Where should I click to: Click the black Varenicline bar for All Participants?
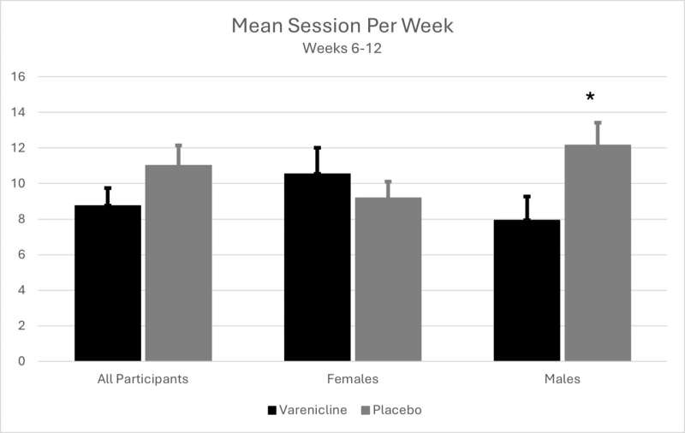click(108, 283)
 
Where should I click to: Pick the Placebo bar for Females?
click(388, 279)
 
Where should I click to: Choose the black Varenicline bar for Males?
click(527, 290)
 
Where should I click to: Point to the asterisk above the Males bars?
click(590, 98)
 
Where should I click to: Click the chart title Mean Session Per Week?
click(342, 26)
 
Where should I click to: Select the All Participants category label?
click(143, 378)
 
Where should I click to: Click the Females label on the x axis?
click(352, 378)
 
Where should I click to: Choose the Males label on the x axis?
click(563, 378)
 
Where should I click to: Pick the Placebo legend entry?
click(396, 410)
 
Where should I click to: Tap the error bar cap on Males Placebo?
click(598, 122)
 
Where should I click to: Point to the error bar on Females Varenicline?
click(317, 160)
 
